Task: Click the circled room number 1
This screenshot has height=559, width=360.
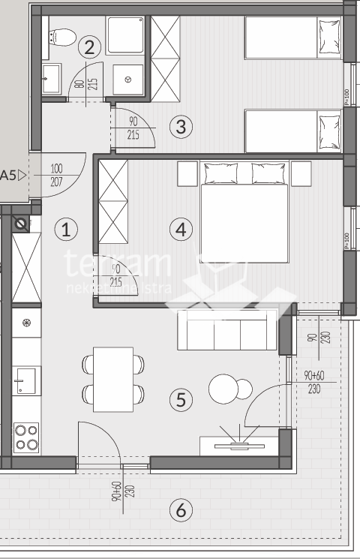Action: point(67,230)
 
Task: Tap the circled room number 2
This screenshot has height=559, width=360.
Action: point(90,48)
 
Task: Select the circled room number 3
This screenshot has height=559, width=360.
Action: point(180,127)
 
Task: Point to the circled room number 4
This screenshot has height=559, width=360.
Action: point(180,230)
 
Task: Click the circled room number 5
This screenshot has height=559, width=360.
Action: point(180,400)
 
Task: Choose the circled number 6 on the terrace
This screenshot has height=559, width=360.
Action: point(180,511)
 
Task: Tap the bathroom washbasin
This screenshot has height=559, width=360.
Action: point(52,77)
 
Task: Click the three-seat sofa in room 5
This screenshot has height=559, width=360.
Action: point(227,332)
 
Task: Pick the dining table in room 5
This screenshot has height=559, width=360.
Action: point(113,379)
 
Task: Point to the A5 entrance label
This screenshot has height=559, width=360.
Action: point(11,176)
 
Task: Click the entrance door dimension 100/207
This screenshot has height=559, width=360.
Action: point(58,176)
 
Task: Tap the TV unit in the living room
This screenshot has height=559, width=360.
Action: point(234,445)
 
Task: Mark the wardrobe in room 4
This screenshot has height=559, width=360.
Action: point(113,203)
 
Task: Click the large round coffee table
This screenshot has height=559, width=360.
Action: point(223,389)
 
